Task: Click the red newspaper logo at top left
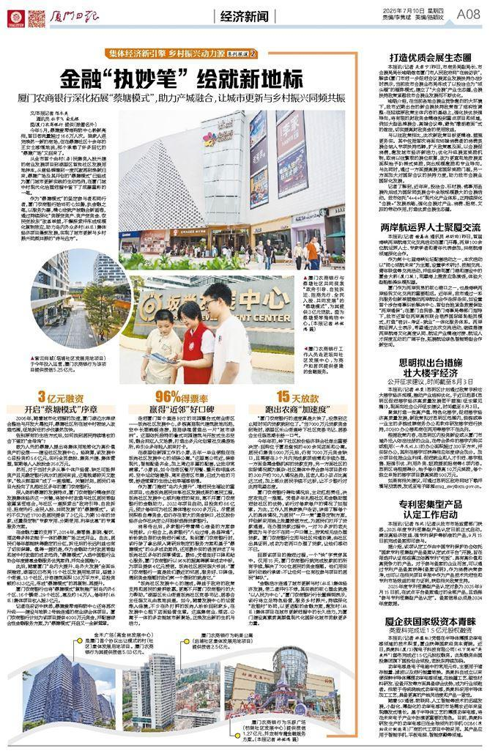(x=15, y=14)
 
